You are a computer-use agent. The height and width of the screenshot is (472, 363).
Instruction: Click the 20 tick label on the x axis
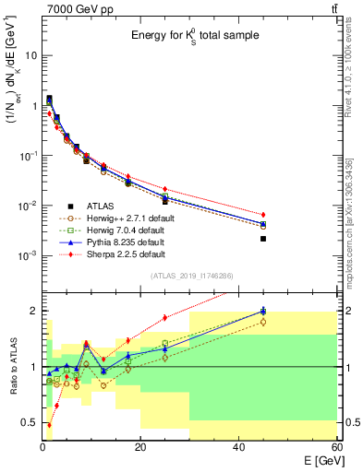[140, 445]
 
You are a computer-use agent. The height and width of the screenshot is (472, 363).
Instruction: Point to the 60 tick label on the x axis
[336, 445]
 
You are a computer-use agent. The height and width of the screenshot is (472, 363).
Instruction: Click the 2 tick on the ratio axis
[33, 311]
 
